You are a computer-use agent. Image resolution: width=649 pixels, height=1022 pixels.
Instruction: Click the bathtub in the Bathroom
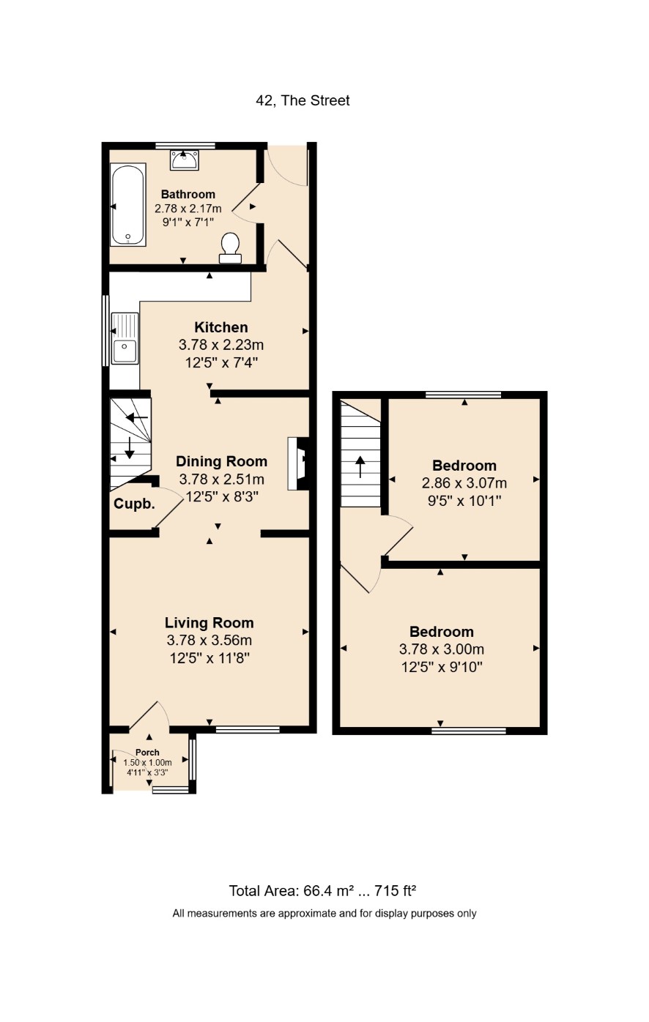tap(128, 204)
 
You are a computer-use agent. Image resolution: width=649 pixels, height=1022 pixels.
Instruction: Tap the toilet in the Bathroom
tap(230, 248)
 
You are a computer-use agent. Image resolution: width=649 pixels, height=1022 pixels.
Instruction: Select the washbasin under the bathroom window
tap(185, 160)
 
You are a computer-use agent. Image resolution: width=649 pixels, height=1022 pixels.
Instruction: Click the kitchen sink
tap(124, 338)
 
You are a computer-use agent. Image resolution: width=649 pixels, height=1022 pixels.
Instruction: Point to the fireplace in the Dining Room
tap(298, 463)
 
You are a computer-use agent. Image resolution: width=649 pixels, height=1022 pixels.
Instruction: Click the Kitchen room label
tap(221, 327)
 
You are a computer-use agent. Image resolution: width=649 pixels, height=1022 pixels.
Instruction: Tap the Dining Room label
tap(222, 461)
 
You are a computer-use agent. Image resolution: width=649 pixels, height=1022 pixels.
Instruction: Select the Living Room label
tap(209, 623)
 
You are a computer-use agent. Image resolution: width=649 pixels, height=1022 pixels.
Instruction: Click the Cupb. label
tap(134, 504)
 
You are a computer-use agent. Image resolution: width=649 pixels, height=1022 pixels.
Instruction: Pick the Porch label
tap(147, 753)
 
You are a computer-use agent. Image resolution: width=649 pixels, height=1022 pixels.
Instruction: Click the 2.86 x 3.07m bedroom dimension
tap(464, 482)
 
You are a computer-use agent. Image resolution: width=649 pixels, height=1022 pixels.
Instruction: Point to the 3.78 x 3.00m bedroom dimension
tap(442, 649)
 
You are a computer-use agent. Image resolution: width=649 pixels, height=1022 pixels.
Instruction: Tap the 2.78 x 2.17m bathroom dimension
tap(188, 209)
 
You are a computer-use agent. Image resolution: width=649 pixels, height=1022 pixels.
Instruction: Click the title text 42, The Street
tap(303, 100)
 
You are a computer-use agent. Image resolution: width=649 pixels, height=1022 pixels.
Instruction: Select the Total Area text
tap(322, 891)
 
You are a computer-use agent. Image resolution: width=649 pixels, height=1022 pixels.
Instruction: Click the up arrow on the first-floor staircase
tap(360, 466)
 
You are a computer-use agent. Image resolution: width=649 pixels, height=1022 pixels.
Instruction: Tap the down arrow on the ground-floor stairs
tap(130, 447)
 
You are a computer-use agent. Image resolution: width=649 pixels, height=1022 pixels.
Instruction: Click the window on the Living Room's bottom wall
tap(248, 730)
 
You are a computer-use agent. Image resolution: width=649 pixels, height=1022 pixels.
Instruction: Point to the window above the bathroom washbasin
tap(185, 146)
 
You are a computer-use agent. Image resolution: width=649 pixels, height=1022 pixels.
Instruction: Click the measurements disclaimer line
tap(324, 914)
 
